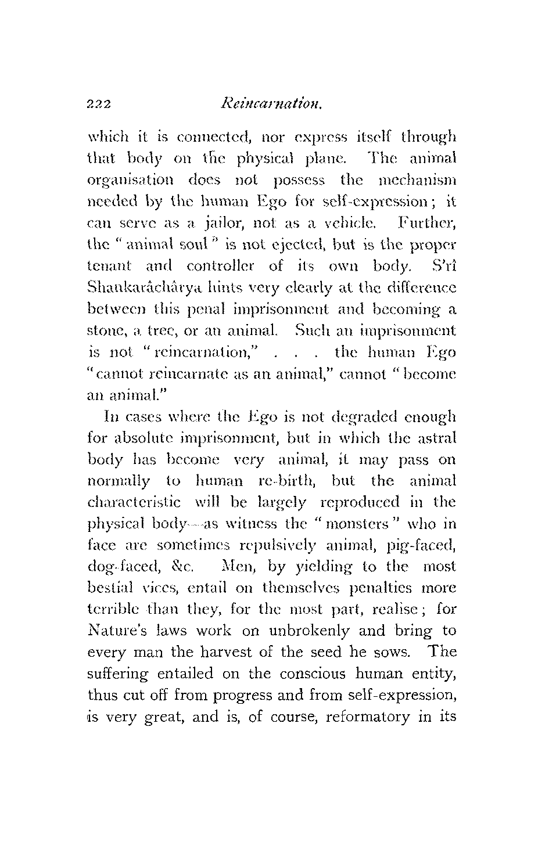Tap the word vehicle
pos(358,223)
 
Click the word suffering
pos(119,674)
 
